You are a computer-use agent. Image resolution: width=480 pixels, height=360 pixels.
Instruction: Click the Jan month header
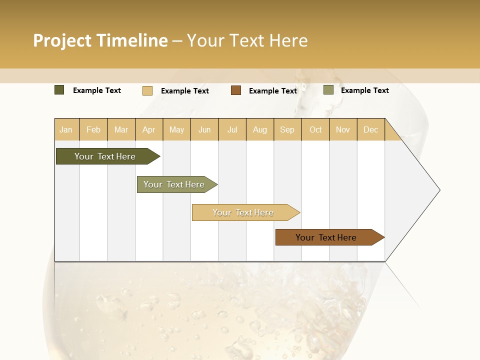pyautogui.click(x=66, y=129)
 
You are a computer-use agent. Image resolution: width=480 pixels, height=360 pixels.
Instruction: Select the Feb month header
pyautogui.click(x=93, y=129)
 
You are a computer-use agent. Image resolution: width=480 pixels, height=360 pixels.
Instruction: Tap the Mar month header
pyautogui.click(x=121, y=129)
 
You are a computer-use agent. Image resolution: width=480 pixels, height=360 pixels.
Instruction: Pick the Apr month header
pyautogui.click(x=149, y=129)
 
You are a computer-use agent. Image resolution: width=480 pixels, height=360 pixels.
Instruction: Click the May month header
pyautogui.click(x=176, y=129)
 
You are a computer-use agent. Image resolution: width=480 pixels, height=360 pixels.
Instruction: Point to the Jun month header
pyautogui.click(x=204, y=129)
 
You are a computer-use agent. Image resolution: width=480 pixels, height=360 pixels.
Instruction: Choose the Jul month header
pyautogui.click(x=232, y=129)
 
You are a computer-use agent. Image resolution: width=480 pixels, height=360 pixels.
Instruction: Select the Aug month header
pyautogui.click(x=260, y=129)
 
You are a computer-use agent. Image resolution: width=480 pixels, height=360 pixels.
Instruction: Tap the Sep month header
pyautogui.click(x=287, y=129)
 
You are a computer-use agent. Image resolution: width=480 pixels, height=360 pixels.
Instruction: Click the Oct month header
pyautogui.click(x=315, y=129)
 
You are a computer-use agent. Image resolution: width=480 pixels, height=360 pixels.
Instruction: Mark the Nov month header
pyautogui.click(x=343, y=129)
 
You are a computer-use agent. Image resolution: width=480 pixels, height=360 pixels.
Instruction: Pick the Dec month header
pyautogui.click(x=370, y=129)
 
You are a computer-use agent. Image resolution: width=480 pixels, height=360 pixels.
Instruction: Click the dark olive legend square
pyautogui.click(x=59, y=90)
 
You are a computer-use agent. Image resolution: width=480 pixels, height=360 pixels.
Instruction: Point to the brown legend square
pyautogui.click(x=236, y=90)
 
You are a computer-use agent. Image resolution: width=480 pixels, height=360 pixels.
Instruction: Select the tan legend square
pyautogui.click(x=147, y=90)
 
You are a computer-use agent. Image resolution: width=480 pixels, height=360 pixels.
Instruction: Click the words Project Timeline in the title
pyautogui.click(x=100, y=40)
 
